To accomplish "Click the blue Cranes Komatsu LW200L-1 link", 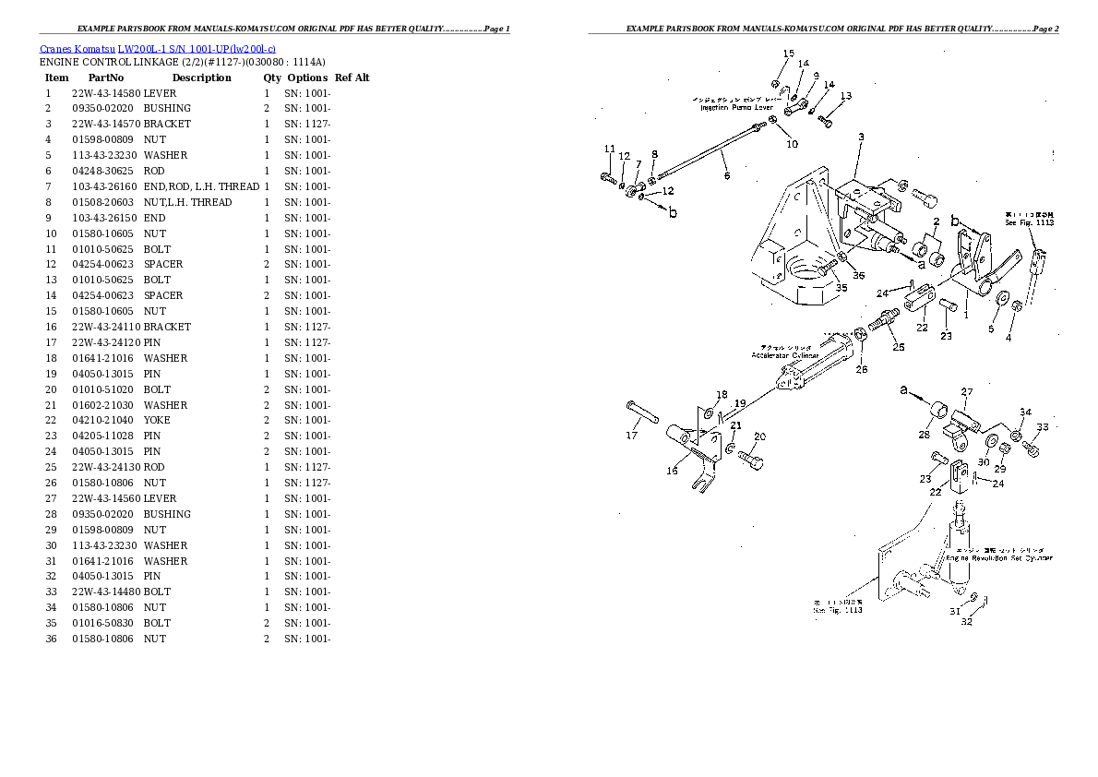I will tap(157, 48).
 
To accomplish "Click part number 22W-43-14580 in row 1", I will tap(105, 93).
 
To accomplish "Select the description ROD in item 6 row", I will tap(154, 171).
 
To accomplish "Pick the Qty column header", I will tap(272, 78).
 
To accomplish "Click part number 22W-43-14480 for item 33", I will tap(105, 592).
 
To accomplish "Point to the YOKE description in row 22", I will tap(157, 420).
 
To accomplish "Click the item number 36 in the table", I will tap(51, 639).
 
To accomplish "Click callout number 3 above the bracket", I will tap(860, 137).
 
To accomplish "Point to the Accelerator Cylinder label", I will tap(784, 354).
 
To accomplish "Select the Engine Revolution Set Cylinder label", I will tap(998, 557).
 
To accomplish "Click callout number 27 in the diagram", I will tap(967, 392).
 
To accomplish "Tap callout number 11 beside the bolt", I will tap(609, 149).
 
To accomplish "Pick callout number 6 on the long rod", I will tap(725, 175).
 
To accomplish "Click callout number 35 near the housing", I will tap(841, 288).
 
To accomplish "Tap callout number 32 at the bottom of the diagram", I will tap(966, 621).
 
